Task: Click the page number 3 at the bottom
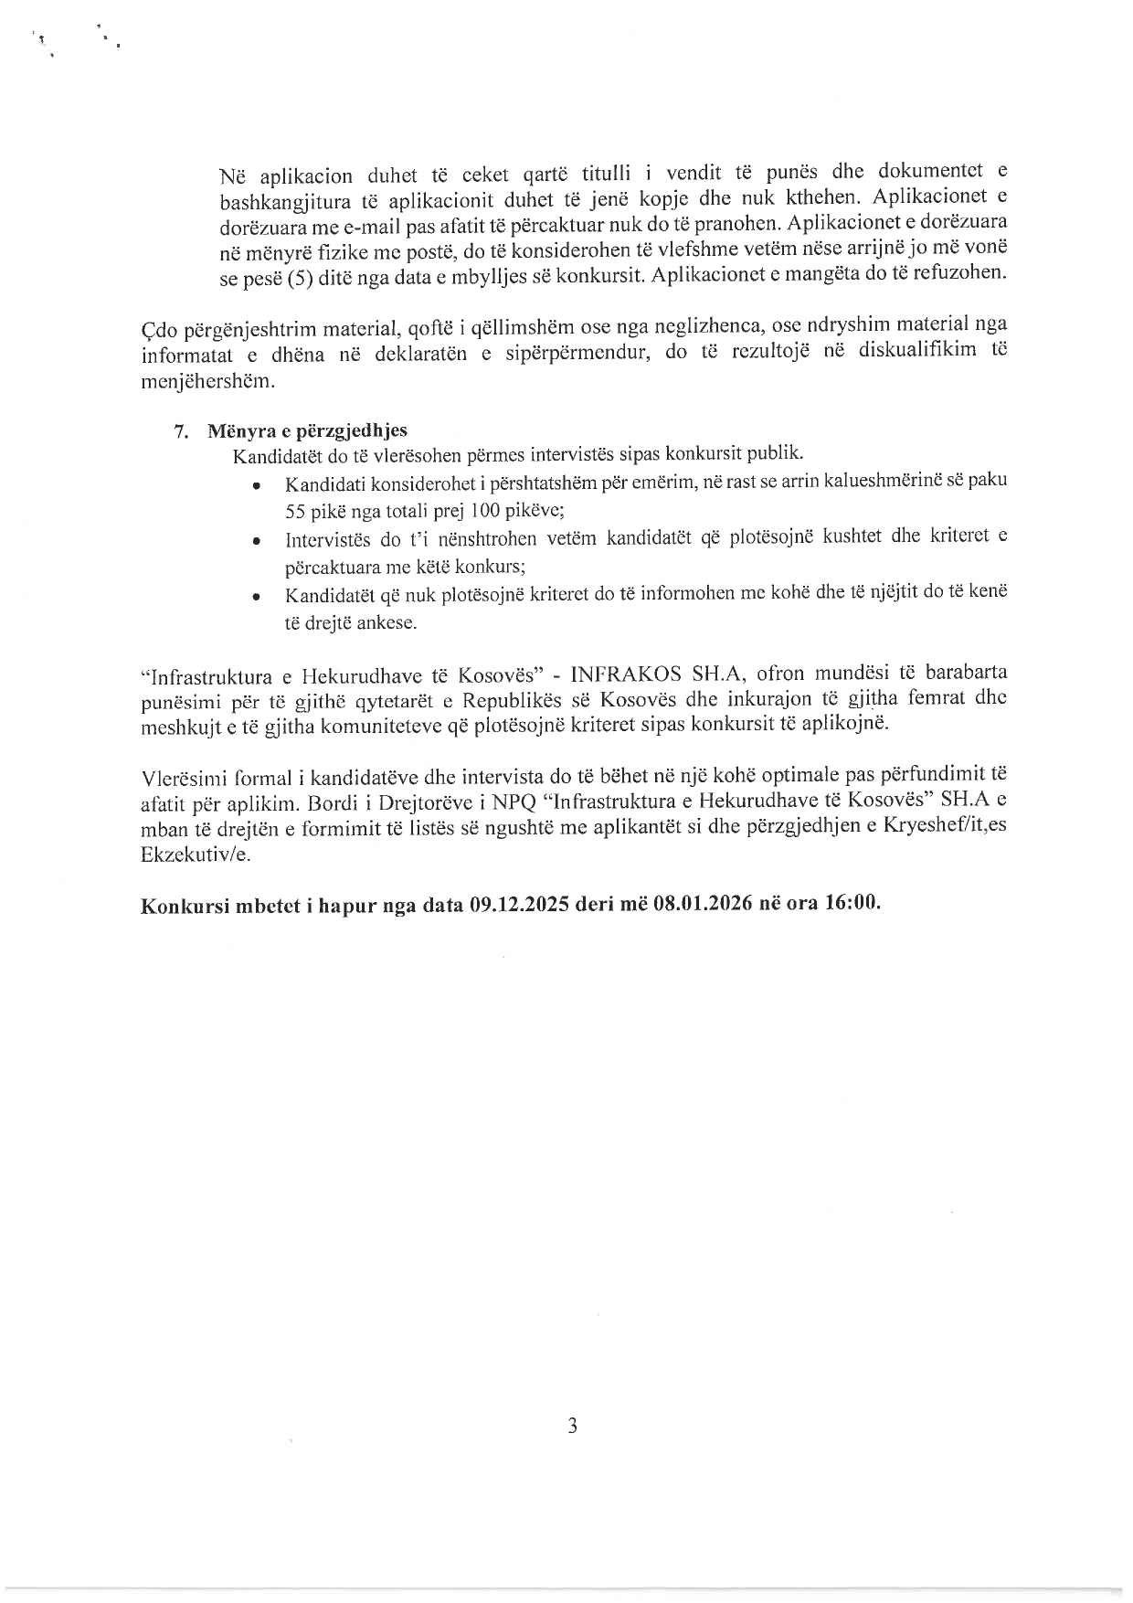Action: (572, 1426)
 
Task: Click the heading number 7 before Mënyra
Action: (179, 431)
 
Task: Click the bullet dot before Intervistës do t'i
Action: (259, 542)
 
